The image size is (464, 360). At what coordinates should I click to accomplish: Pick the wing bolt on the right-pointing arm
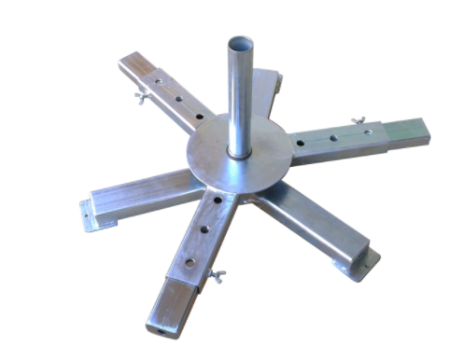tap(356, 121)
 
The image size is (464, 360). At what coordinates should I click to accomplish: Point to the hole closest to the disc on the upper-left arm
tap(198, 117)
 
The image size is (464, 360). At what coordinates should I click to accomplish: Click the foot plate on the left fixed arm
tap(89, 215)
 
